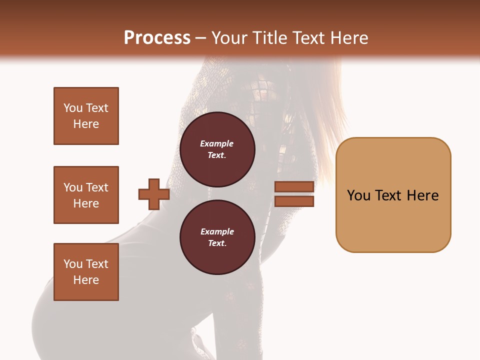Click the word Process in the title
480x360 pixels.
coord(157,38)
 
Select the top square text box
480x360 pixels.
coord(86,116)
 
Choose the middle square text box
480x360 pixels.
coord(86,195)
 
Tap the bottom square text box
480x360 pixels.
coord(86,272)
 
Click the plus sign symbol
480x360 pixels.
coord(154,194)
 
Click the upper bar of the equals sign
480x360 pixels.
coord(294,186)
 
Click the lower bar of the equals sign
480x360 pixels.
coord(294,201)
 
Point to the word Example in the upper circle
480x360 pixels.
coord(217,143)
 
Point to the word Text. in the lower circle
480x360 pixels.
coord(217,243)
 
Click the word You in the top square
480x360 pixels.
coord(72,108)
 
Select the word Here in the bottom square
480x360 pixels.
coord(86,280)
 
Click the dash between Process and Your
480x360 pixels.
coord(201,38)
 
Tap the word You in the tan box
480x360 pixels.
coord(359,195)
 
